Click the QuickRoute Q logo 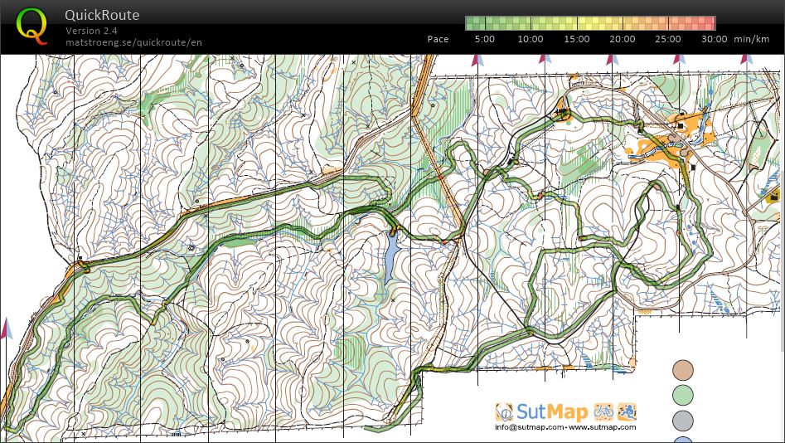click(x=31, y=25)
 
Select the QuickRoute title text click(x=103, y=15)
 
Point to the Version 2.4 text click(x=91, y=31)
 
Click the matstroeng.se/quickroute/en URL click(x=133, y=42)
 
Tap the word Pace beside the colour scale click(x=438, y=39)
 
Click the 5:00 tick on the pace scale click(x=485, y=39)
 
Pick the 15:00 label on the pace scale click(x=577, y=39)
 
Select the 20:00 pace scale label click(x=623, y=39)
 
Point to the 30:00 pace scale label click(x=714, y=39)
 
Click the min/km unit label click(x=753, y=39)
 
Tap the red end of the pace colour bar click(x=709, y=23)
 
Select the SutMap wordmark click(x=553, y=411)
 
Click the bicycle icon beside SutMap click(x=603, y=411)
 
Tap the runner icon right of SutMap click(x=627, y=411)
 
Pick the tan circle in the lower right click(x=683, y=369)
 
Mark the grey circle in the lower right click(x=683, y=420)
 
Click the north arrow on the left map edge click(x=7, y=328)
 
